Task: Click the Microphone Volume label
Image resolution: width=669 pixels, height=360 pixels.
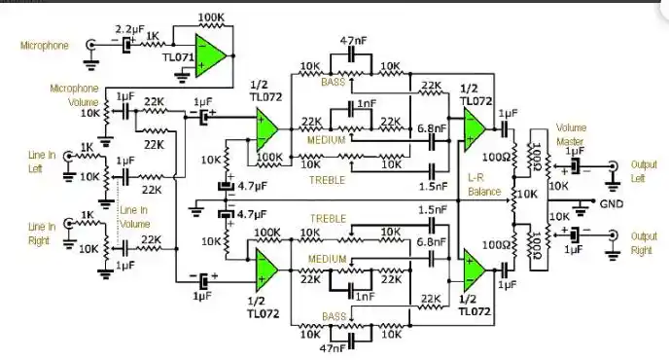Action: click(75, 95)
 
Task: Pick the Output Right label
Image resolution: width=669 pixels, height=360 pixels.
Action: click(643, 242)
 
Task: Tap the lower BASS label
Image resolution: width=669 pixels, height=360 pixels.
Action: click(334, 316)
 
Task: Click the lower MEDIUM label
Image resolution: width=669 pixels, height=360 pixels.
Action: click(328, 258)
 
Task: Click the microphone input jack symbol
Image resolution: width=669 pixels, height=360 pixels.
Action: click(92, 45)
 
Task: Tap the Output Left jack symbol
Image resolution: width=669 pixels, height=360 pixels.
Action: click(612, 167)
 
